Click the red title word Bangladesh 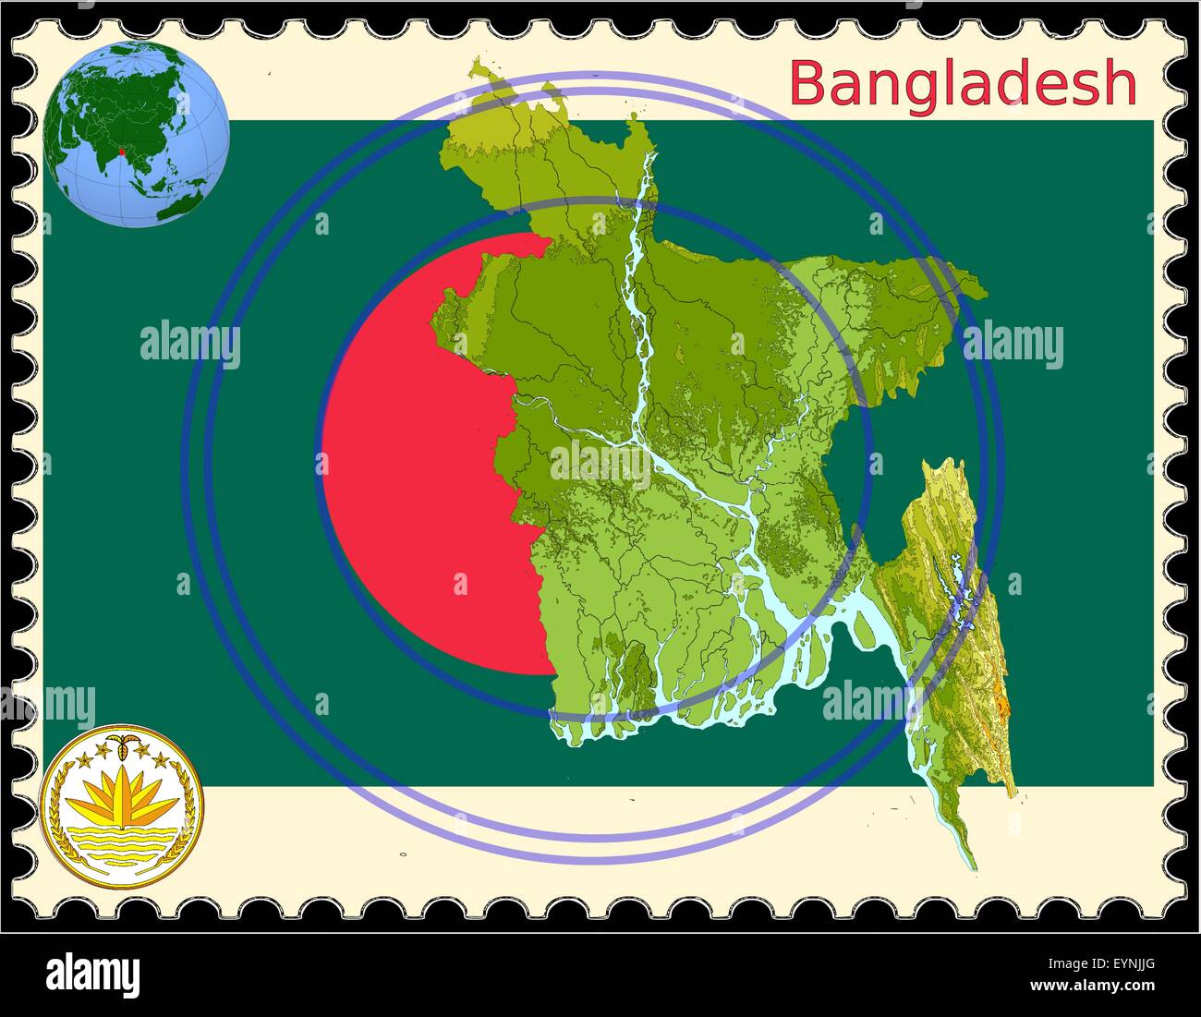[x=963, y=83]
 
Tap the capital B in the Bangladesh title [x=807, y=83]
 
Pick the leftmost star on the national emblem [x=79, y=761]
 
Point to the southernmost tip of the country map [x=973, y=867]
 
